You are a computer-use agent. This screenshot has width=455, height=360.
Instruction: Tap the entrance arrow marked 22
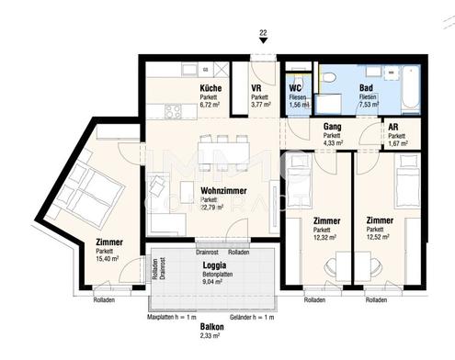click(x=262, y=45)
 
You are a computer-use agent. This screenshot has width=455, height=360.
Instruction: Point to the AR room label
click(x=393, y=129)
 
